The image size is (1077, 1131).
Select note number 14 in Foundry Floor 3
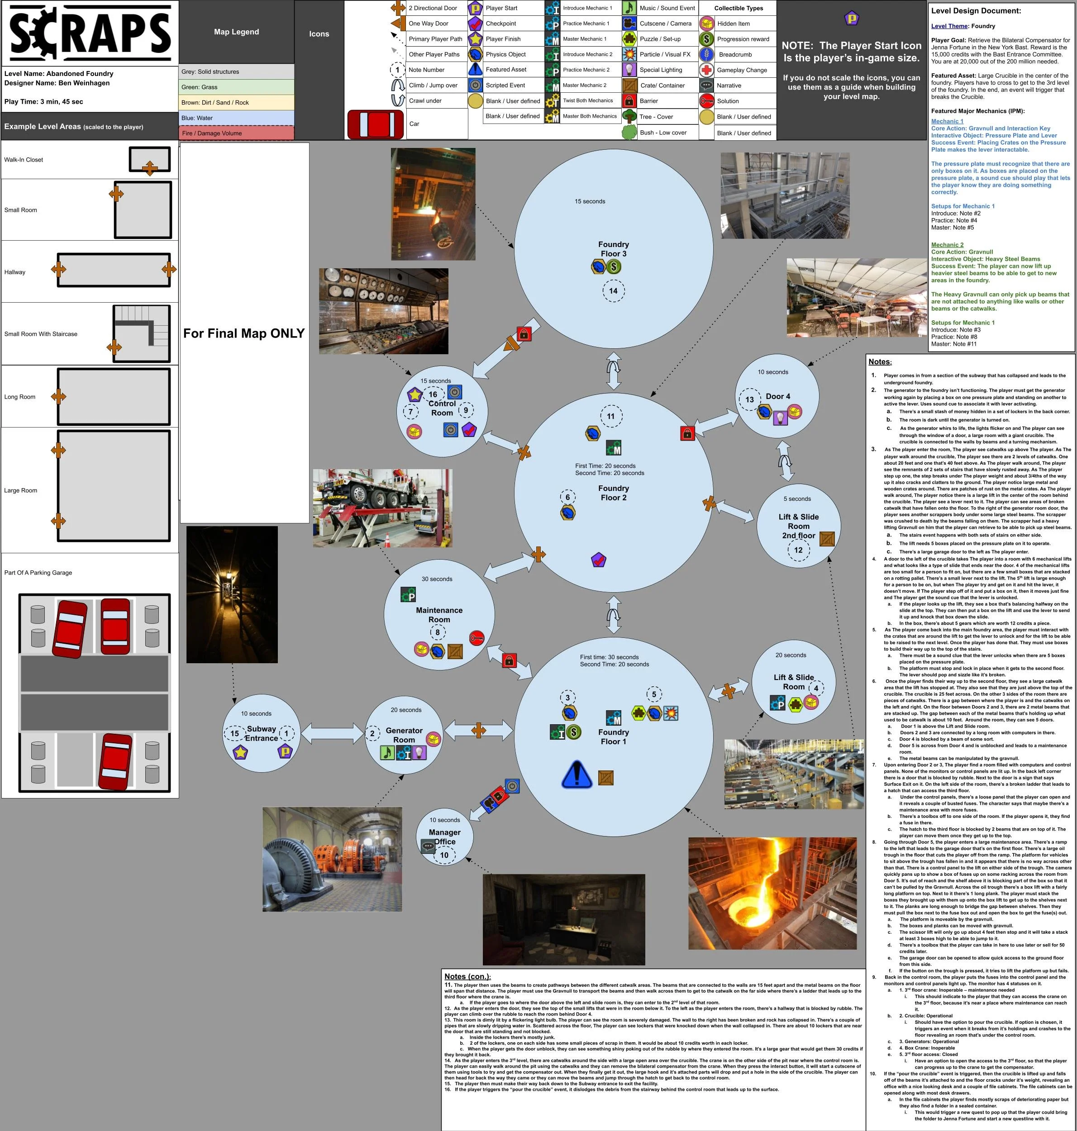coord(613,291)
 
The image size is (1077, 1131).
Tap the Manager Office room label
coord(444,836)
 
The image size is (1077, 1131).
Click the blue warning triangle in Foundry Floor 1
coord(577,774)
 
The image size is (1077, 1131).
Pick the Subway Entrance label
coord(261,733)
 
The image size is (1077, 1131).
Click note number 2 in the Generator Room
coord(372,733)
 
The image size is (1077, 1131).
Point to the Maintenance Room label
coord(439,614)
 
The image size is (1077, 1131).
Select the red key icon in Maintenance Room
coord(477,637)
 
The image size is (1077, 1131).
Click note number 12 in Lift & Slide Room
coord(798,550)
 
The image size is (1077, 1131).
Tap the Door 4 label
coord(778,396)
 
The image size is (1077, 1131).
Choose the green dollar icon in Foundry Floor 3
coord(614,266)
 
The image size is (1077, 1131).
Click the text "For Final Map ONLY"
coord(244,333)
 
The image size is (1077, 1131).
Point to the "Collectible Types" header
coord(738,8)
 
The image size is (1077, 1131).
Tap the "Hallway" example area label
coord(15,272)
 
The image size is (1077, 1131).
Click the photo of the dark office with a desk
coord(564,920)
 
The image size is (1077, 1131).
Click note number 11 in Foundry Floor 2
coord(610,417)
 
